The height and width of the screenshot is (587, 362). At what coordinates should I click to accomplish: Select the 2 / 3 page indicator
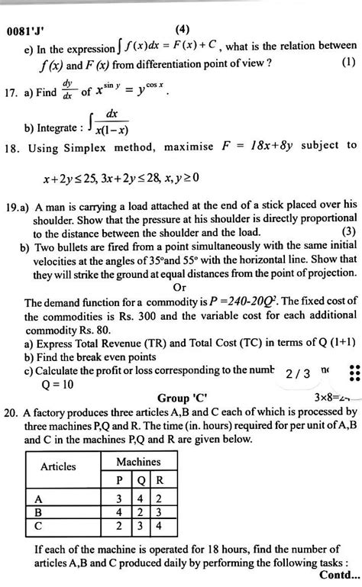point(296,374)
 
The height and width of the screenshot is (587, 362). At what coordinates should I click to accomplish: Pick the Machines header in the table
point(137,462)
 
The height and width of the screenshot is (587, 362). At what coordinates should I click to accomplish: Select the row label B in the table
point(37,511)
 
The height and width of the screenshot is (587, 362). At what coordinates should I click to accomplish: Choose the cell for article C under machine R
point(158,525)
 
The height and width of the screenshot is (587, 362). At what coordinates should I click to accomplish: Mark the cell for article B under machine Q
point(138,511)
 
